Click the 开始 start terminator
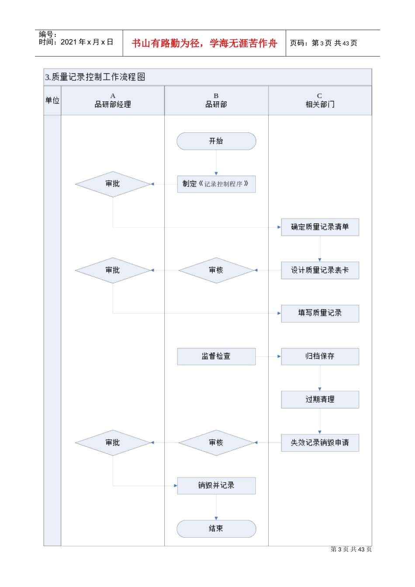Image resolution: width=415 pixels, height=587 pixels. [x=216, y=141]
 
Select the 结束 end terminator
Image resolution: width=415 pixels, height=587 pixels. [x=216, y=528]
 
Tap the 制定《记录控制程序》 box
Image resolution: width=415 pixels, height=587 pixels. [x=216, y=184]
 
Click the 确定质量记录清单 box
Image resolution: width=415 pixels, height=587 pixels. [x=320, y=227]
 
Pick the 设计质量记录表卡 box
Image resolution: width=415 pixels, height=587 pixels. [x=320, y=270]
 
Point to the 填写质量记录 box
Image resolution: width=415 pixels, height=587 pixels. [x=320, y=313]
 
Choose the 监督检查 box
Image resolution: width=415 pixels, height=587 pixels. [x=216, y=356]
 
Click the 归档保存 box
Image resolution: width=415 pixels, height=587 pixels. [x=320, y=356]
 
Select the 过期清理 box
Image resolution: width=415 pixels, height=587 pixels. [x=320, y=400]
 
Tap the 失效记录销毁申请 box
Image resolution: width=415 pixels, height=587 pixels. [x=320, y=443]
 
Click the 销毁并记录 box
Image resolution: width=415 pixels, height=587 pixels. [x=216, y=486]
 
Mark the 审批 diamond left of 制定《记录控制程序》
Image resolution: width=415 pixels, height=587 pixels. [x=113, y=184]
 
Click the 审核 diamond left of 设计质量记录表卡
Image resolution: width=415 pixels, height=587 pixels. [x=216, y=270]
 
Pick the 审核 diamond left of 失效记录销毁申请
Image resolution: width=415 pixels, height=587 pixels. [x=216, y=443]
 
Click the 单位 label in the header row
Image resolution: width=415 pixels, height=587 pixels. [x=52, y=100]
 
